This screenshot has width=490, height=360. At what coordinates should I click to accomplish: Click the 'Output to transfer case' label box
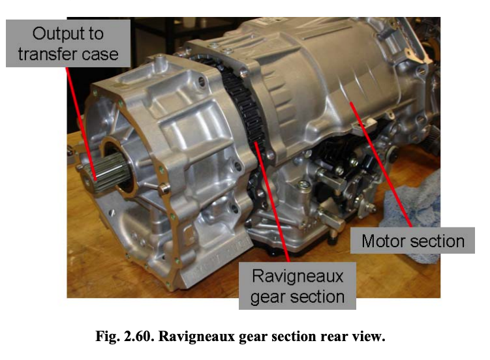68,44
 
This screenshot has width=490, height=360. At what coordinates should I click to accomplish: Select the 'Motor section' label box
412,241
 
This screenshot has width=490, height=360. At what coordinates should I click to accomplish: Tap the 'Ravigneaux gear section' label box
297,286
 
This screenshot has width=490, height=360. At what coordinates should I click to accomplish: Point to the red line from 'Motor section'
381,164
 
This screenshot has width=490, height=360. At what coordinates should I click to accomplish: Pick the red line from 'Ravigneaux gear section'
272,202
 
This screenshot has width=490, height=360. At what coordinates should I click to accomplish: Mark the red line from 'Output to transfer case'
81,124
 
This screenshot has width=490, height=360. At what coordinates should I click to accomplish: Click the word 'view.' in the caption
369,337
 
